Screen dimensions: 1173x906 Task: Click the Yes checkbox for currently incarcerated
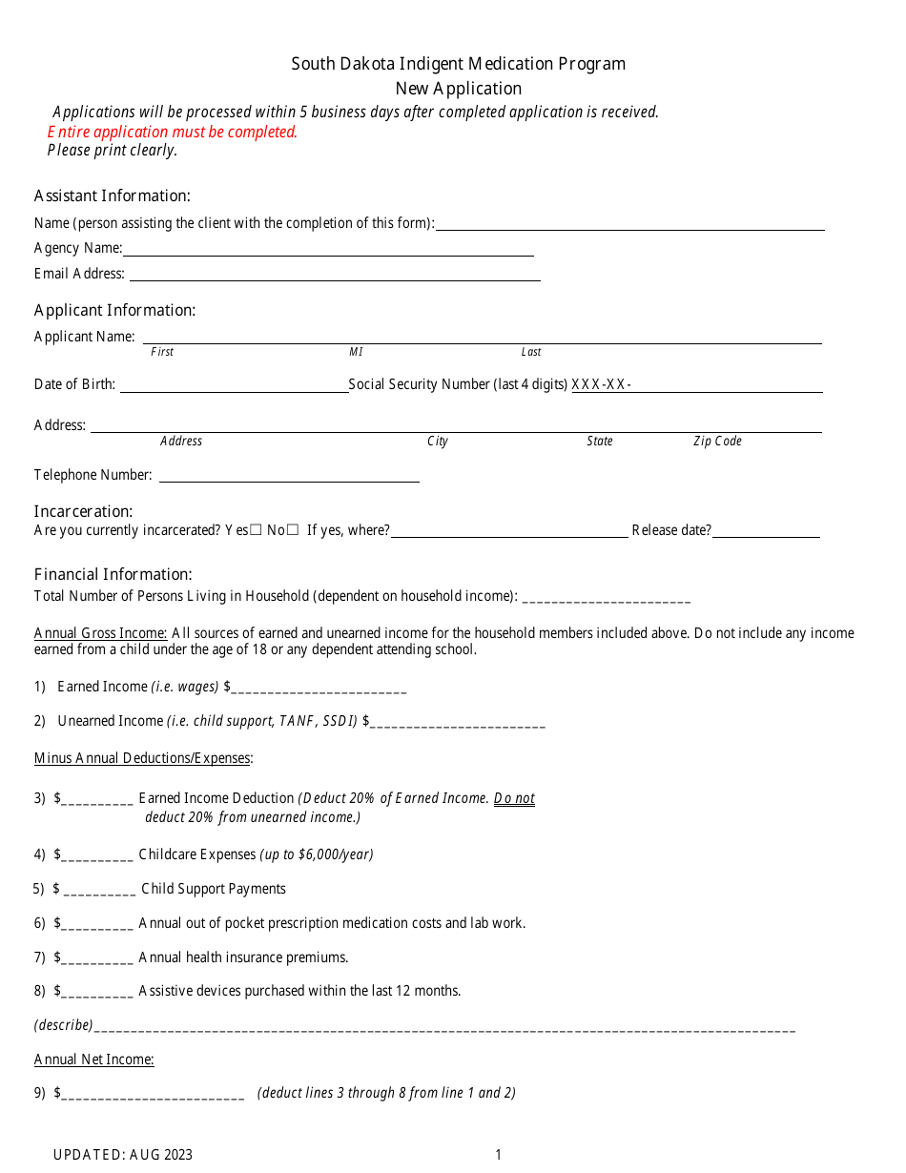coord(256,530)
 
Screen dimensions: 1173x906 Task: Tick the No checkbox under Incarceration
coord(293,530)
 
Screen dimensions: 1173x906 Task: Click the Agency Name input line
coord(328,249)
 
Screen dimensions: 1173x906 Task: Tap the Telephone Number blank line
coord(289,475)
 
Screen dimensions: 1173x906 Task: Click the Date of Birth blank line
coord(234,385)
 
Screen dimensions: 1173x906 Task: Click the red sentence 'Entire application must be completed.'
coord(173,132)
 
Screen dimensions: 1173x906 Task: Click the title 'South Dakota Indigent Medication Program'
coord(458,64)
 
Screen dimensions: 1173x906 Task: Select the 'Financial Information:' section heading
coord(113,574)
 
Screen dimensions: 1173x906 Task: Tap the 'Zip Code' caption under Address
coord(717,442)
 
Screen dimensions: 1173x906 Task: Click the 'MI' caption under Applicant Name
coord(356,352)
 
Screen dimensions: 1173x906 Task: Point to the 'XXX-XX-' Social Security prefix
coord(601,384)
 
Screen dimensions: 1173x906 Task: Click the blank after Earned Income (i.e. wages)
coord(319,688)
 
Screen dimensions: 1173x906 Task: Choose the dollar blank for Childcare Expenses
coord(96,855)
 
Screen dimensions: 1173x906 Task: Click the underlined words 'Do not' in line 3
coord(514,798)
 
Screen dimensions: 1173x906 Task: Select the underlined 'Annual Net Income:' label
coord(93,1060)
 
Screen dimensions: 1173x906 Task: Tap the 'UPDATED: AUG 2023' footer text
coord(122,1155)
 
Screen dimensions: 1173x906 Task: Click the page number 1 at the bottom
coord(498,1155)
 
